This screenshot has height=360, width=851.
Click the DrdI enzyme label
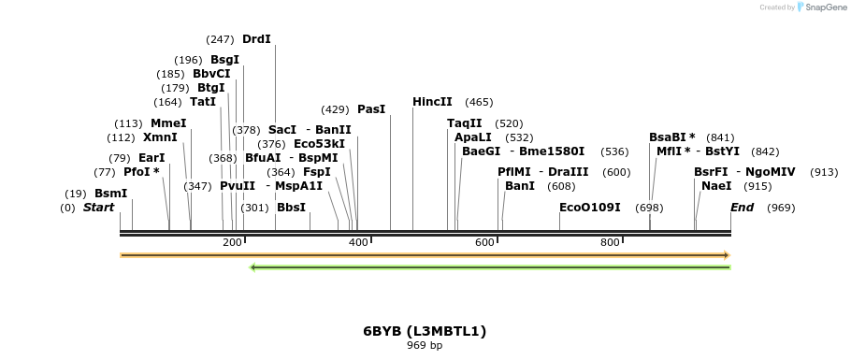tap(256, 39)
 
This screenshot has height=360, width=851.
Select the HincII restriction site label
tap(432, 102)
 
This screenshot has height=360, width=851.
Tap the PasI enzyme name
tap(371, 109)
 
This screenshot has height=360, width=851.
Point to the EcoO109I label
tap(590, 208)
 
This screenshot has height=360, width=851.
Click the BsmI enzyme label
tap(110, 194)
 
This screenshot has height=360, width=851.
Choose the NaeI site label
tap(716, 186)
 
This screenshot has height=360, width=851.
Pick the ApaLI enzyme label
tap(472, 137)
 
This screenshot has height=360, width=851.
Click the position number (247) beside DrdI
tap(220, 39)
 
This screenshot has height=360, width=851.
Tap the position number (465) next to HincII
tap(479, 102)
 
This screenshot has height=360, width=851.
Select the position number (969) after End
tap(781, 208)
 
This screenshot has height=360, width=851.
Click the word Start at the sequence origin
tap(99, 208)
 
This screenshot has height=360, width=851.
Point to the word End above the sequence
tap(742, 208)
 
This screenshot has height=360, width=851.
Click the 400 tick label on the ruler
tap(358, 242)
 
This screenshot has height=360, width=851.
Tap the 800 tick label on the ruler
tap(610, 242)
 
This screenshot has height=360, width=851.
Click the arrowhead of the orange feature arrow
tap(728, 255)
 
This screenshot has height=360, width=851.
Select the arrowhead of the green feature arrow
tap(252, 267)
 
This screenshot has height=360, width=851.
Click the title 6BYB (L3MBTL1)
tap(425, 331)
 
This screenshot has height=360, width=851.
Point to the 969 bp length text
tap(425, 345)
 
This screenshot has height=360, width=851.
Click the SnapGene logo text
tap(826, 7)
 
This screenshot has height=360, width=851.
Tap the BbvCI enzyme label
tap(211, 74)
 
